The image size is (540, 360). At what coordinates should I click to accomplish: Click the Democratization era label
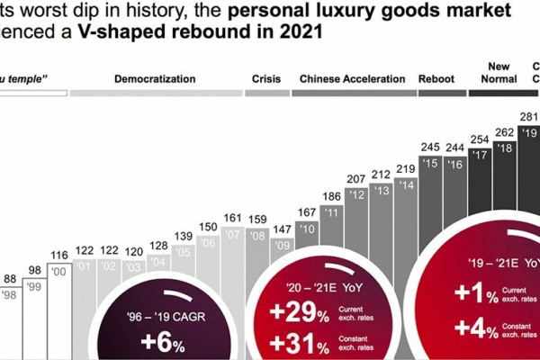[155, 79]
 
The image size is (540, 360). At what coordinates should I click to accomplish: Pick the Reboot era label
[436, 79]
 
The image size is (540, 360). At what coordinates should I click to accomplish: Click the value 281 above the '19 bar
[530, 116]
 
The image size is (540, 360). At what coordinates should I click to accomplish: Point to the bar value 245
[430, 147]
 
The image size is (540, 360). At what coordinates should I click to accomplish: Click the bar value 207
[355, 179]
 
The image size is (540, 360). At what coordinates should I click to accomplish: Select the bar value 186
[331, 195]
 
